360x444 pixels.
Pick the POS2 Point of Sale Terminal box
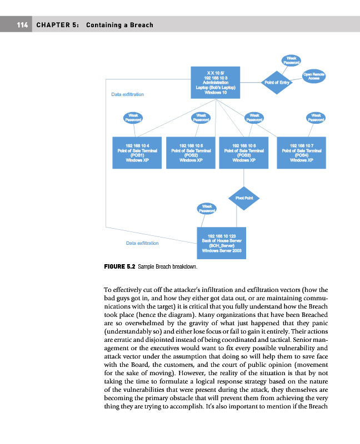coord(191,152)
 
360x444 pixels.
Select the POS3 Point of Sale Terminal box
coord(244,152)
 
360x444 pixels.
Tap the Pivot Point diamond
coord(244,198)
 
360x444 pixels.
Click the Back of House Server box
coord(225,243)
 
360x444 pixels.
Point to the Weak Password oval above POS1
coord(133,117)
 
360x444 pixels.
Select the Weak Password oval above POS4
coord(316,117)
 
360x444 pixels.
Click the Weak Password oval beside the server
coord(207,208)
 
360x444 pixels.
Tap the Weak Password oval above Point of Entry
coord(291,60)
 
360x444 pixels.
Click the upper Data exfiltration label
coord(127,94)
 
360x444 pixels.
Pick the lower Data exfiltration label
coord(142,243)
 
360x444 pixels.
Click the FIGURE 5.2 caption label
coord(119,266)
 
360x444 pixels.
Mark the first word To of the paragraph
coord(108,290)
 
